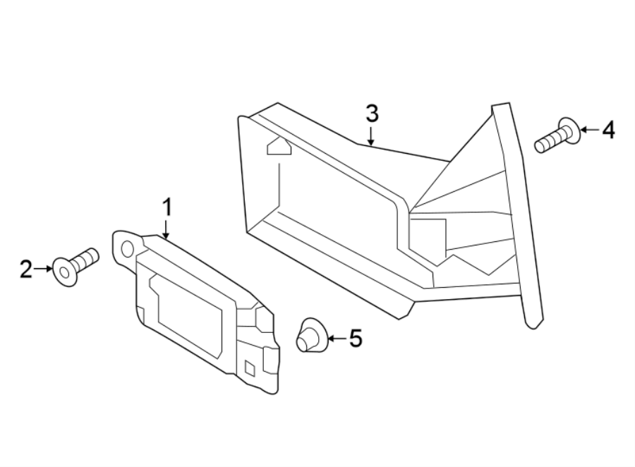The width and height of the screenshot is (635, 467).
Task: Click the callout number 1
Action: pos(167,208)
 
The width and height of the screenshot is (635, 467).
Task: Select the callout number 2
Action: pos(26,269)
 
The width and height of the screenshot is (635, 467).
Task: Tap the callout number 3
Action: pos(372,113)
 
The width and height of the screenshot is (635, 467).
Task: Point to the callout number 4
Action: pos(607,130)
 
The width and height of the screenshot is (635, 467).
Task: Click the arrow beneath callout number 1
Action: pos(167,230)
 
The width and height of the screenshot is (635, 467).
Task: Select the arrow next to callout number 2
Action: pos(44,269)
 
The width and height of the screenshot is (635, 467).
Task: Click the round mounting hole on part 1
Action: pos(128,248)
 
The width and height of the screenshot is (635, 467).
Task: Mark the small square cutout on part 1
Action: pos(249,367)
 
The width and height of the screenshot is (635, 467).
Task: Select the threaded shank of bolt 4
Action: pos(548,141)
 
